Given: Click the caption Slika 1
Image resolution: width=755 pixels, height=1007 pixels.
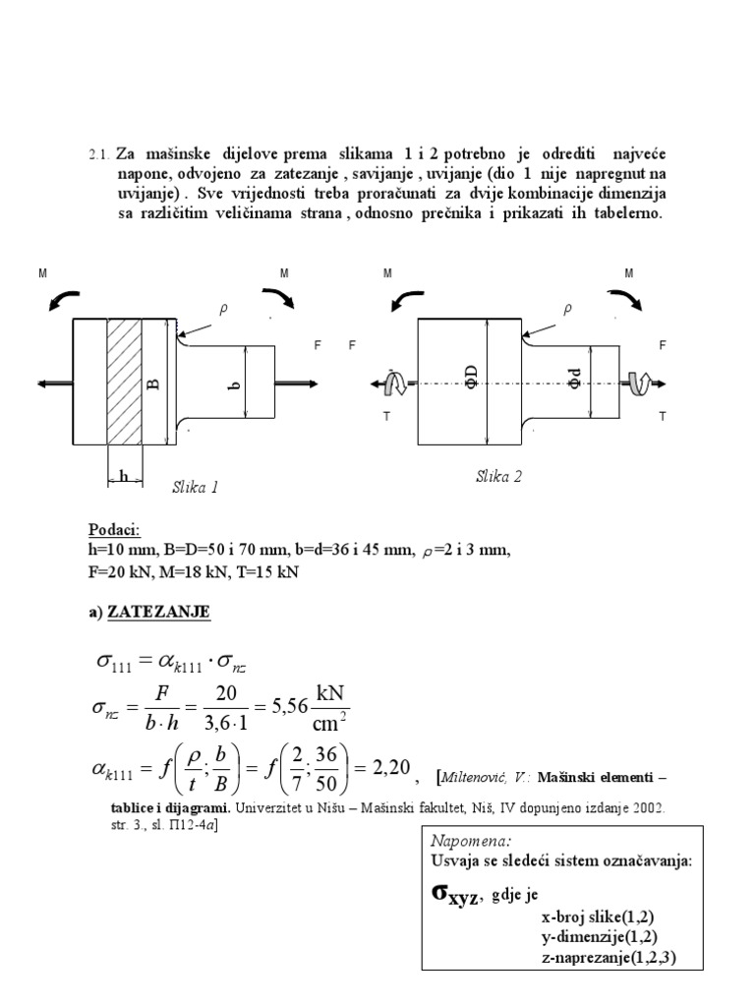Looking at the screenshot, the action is point(195,486).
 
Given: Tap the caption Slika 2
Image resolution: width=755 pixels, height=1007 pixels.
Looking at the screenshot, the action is point(498,476).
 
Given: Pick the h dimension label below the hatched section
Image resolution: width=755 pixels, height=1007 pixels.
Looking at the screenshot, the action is point(124,477).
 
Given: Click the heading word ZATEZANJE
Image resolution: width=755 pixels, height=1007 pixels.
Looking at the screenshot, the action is point(166,612).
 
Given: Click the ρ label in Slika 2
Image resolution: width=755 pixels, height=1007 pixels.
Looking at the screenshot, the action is point(566,309).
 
